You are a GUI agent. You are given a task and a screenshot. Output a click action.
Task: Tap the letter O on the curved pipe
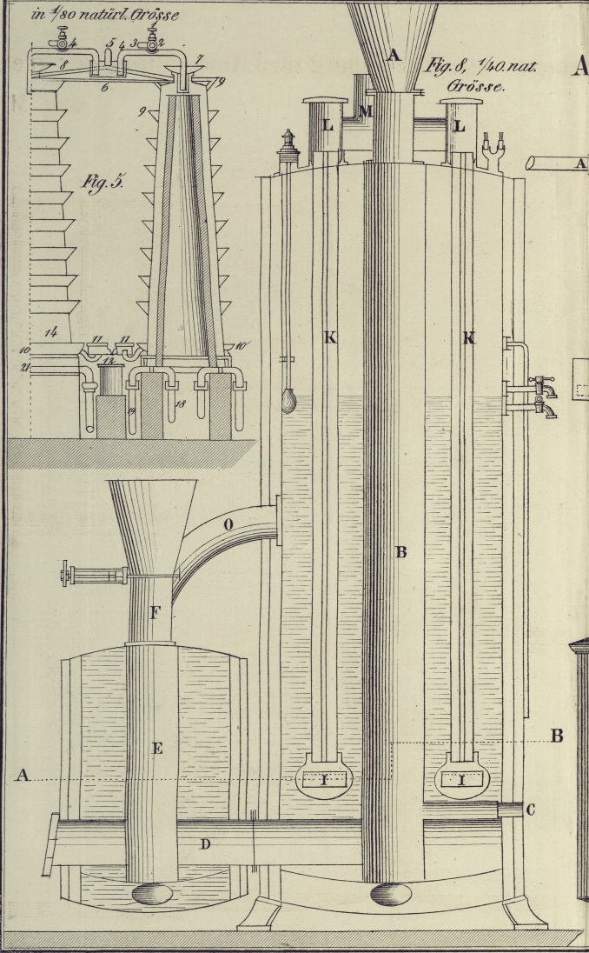[229, 524]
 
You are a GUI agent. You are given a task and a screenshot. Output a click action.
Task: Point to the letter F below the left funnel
[155, 613]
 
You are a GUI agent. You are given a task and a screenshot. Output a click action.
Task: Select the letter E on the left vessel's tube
[157, 748]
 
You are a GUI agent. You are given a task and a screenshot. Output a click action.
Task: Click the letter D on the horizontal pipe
[206, 843]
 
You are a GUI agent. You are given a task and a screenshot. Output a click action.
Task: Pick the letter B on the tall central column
[401, 552]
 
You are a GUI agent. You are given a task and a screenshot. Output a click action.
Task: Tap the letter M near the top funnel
[366, 110]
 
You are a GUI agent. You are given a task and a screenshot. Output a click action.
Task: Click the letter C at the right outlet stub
[530, 810]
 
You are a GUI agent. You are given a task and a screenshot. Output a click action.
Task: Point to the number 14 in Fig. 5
[52, 331]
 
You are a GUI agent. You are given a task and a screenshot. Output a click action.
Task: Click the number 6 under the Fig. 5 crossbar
[104, 88]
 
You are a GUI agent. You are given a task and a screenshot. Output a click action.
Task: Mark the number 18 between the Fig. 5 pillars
[180, 405]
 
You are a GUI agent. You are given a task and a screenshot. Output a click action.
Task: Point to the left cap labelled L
[327, 125]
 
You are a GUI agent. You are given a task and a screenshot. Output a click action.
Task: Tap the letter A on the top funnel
[394, 56]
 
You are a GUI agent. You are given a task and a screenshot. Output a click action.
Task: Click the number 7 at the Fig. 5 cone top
[199, 58]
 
